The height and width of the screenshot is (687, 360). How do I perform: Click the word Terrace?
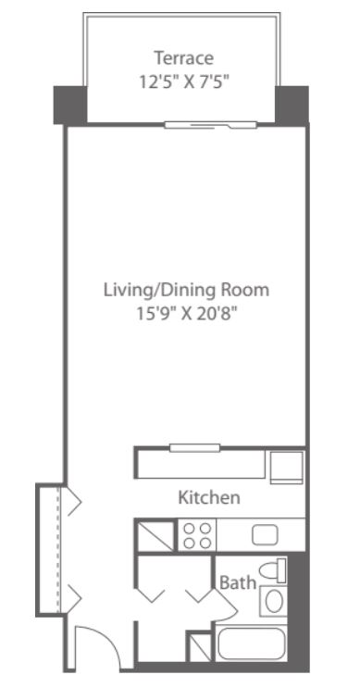pyautogui.click(x=183, y=57)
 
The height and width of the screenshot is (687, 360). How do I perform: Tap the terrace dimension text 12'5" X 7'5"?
pyautogui.click(x=184, y=81)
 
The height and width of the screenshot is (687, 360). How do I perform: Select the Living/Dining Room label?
pyautogui.click(x=186, y=290)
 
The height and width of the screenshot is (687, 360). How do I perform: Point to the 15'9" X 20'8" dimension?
pyautogui.click(x=188, y=314)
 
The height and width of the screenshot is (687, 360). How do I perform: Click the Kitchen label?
pyautogui.click(x=209, y=498)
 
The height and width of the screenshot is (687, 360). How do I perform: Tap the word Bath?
pyautogui.click(x=237, y=582)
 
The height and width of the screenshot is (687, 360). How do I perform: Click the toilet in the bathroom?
pyautogui.click(x=272, y=571)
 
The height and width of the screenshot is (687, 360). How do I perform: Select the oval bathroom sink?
pyautogui.click(x=274, y=601)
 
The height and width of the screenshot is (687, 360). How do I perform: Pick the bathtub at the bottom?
pyautogui.click(x=252, y=644)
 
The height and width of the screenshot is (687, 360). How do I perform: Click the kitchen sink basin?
pyautogui.click(x=265, y=535)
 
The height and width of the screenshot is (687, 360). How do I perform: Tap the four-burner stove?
pyautogui.click(x=197, y=535)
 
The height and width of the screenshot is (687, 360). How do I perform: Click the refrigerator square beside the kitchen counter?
pyautogui.click(x=286, y=467)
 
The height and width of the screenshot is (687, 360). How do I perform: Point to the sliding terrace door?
pyautogui.click(x=210, y=125)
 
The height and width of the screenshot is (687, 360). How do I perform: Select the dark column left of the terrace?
pyautogui.click(x=70, y=106)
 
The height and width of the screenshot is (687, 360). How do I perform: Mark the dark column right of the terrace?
pyautogui.click(x=292, y=106)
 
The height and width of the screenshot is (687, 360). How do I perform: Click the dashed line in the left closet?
pyautogui.click(x=58, y=550)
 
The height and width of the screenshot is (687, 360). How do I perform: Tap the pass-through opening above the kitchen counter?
pyautogui.click(x=195, y=448)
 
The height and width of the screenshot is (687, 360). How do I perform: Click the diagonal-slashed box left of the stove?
pyautogui.click(x=155, y=535)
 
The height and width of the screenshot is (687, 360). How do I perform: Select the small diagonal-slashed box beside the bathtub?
pyautogui.click(x=201, y=646)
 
